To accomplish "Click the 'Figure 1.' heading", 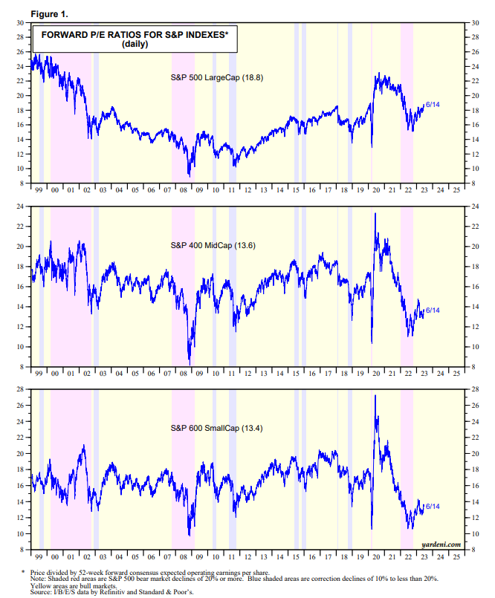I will [x=30, y=13].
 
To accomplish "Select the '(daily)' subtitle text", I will [x=135, y=45].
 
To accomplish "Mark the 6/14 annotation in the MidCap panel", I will [x=433, y=310].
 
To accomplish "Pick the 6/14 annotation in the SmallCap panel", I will [x=433, y=506].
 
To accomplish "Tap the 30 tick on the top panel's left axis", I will [x=18, y=23].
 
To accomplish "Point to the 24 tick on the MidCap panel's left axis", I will [x=18, y=206].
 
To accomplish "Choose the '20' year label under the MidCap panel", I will [x=378, y=374].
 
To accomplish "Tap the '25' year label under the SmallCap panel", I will [x=456, y=556].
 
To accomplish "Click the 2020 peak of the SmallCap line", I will [x=375, y=395].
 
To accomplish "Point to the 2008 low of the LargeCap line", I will [x=190, y=176].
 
